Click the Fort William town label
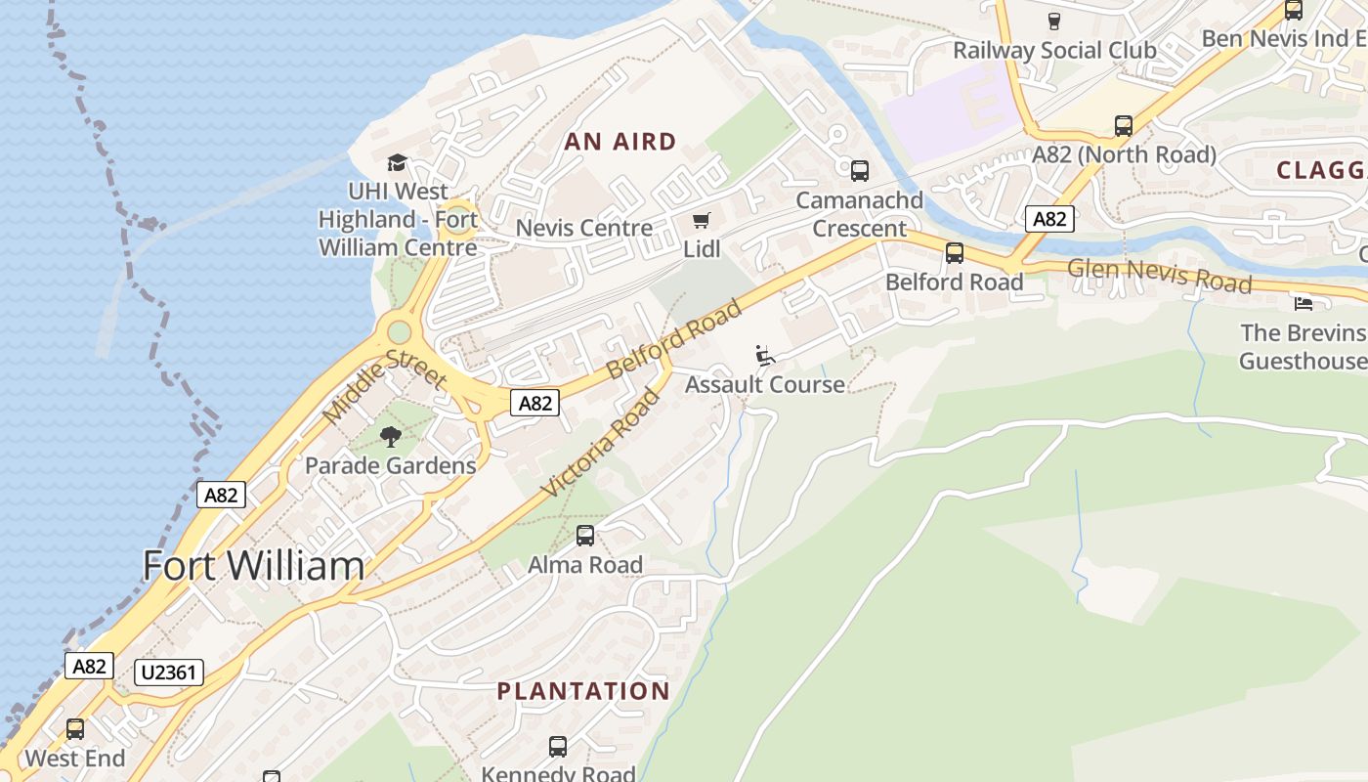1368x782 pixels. click(x=253, y=567)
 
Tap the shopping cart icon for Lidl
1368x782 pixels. click(x=701, y=221)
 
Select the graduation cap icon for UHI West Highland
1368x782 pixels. click(x=397, y=162)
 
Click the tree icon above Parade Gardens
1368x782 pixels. click(x=391, y=437)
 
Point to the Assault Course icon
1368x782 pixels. click(x=765, y=356)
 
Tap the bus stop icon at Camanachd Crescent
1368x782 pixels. click(x=860, y=171)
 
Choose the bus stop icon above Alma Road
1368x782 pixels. click(x=585, y=536)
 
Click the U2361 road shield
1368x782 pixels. click(x=170, y=673)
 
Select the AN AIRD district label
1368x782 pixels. click(x=620, y=143)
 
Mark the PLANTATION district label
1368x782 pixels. click(x=583, y=691)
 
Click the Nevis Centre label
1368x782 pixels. click(x=583, y=229)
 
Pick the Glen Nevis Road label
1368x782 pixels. click(x=1159, y=275)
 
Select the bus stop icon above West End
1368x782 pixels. click(x=75, y=729)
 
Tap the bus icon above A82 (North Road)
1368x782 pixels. click(x=1124, y=126)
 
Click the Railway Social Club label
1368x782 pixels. click(x=1054, y=50)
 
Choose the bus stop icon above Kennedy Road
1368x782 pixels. click(x=558, y=747)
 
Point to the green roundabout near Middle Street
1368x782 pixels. click(x=399, y=332)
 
